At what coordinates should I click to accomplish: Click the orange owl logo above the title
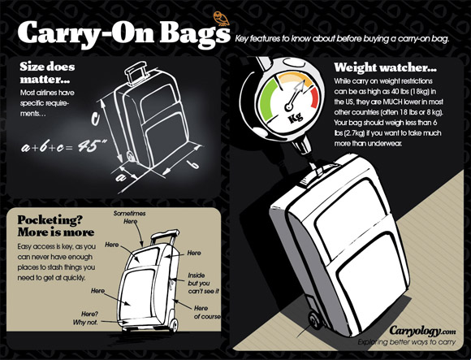222,19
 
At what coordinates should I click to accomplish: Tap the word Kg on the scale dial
296,117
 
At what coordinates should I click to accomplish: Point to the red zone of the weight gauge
313,97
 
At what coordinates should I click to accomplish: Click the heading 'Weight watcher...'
386,67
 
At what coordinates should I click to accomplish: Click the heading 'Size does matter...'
47,72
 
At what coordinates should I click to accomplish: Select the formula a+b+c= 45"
64,147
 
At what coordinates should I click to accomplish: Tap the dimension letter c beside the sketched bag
95,119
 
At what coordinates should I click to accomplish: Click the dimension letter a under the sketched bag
121,177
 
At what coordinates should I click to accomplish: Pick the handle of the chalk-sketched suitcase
136,72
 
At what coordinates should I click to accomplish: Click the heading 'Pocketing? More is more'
56,226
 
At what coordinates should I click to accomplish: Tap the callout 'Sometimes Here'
129,217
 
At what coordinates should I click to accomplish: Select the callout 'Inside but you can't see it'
203,283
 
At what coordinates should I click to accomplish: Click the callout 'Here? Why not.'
85,319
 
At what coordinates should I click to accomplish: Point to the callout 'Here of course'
207,312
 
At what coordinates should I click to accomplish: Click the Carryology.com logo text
422,331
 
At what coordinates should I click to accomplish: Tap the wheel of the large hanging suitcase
314,322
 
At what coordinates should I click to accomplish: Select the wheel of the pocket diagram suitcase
174,324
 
